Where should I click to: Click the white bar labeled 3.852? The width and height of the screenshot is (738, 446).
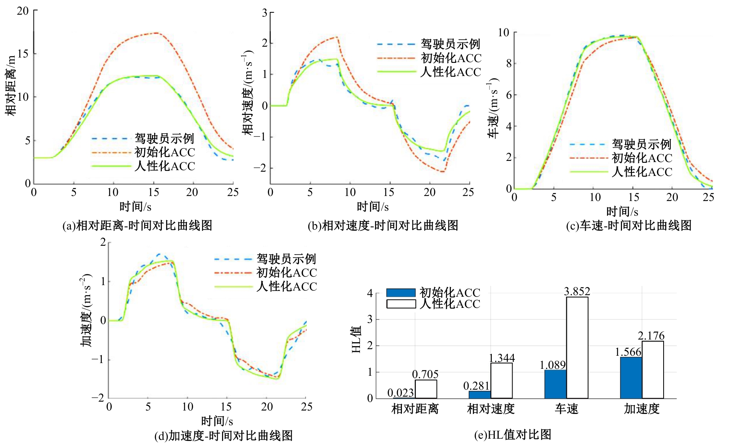tap(577, 347)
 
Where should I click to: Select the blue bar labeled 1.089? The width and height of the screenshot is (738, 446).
tap(555, 384)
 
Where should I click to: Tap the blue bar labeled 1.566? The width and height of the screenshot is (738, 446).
tap(631, 378)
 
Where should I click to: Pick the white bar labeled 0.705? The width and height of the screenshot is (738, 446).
tap(426, 389)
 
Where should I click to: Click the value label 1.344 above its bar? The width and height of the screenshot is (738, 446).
tap(501, 358)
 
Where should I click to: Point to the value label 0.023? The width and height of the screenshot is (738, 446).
tap(400, 393)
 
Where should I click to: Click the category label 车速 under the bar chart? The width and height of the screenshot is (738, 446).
tap(567, 409)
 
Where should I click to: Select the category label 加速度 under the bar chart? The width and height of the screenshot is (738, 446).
tap(642, 409)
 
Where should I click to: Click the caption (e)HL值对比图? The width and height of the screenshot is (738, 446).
tap(513, 435)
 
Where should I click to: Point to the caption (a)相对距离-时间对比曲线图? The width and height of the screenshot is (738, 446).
tap(137, 225)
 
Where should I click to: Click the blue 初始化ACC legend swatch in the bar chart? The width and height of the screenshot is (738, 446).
tap(401, 293)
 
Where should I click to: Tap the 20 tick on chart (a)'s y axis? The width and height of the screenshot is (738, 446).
tap(23, 11)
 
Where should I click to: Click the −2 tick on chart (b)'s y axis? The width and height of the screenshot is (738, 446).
tap(260, 168)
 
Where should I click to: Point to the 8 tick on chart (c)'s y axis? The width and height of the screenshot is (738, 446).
tap(509, 63)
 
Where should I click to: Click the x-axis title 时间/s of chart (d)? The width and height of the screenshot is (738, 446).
tap(217, 421)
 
